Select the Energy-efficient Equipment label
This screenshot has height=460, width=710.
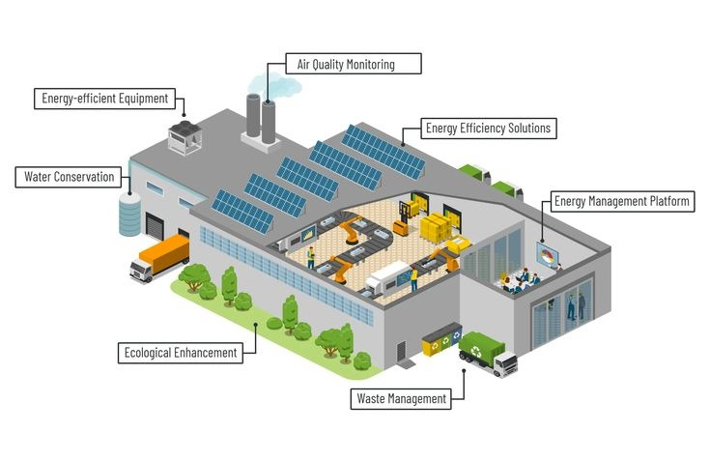pyautogui.click(x=104, y=98)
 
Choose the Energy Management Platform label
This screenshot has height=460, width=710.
pyautogui.click(x=621, y=202)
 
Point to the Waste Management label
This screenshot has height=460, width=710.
pyautogui.click(x=401, y=398)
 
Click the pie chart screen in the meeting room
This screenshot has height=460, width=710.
pyautogui.click(x=548, y=258)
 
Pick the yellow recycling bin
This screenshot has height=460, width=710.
pyautogui.click(x=433, y=342)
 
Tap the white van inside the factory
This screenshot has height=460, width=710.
pyautogui.click(x=383, y=281)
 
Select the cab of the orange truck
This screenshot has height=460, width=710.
pyautogui.click(x=141, y=269)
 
